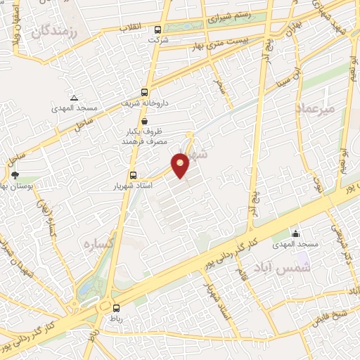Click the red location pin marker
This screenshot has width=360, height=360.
(x=181, y=165)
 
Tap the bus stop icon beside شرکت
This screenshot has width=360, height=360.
(x=157, y=30)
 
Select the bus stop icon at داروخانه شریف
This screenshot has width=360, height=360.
(x=144, y=92)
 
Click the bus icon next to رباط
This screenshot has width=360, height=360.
(x=116, y=307)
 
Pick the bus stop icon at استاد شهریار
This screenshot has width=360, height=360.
(x=133, y=175)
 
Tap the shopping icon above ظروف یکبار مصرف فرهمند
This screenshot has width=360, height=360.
(x=144, y=121)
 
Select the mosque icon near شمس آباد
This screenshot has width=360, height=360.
(x=296, y=233)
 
